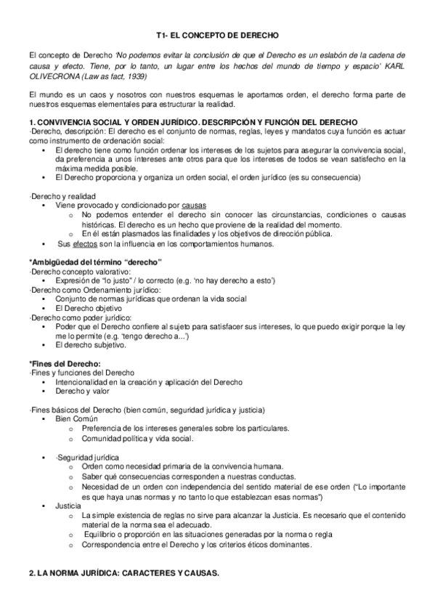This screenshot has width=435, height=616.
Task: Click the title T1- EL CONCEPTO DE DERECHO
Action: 218,34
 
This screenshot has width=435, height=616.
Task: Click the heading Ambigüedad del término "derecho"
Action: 94,262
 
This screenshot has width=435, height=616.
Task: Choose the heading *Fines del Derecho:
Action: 64,363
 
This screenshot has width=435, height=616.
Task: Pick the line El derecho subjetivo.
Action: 89,346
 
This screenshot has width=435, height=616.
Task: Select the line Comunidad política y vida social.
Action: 137,438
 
